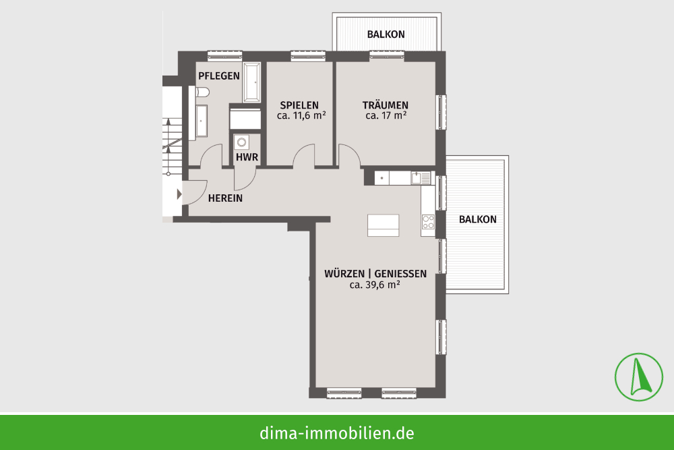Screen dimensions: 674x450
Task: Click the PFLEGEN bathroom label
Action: pos(219,76)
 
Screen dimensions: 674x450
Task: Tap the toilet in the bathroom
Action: pos(202,92)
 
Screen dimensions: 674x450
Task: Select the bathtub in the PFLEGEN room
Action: pos(251,82)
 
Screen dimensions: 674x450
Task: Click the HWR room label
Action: pos(247,157)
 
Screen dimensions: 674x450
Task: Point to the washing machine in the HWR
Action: pos(242,142)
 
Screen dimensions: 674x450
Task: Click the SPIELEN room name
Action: pos(299,105)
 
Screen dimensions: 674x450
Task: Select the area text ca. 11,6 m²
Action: pos(301,116)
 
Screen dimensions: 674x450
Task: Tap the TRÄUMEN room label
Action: pos(385,105)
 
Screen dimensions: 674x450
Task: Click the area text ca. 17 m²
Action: pos(386,116)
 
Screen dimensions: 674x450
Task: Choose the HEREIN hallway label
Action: pos(225,198)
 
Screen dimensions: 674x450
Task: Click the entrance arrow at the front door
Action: pos(180,194)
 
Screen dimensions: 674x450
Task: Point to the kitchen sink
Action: pos(420,177)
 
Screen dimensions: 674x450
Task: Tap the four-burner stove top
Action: pos(428,222)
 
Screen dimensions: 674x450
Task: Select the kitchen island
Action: pos(384,225)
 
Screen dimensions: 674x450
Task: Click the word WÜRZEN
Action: pos(344,274)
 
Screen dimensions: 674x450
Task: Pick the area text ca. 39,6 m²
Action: pos(375,285)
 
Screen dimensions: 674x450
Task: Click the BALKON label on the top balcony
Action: pos(386,34)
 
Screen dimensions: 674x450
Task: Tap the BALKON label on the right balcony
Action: pos(478,219)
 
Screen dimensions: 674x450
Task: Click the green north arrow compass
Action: pos(639,377)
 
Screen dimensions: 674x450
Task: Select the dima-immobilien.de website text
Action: pos(336,432)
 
